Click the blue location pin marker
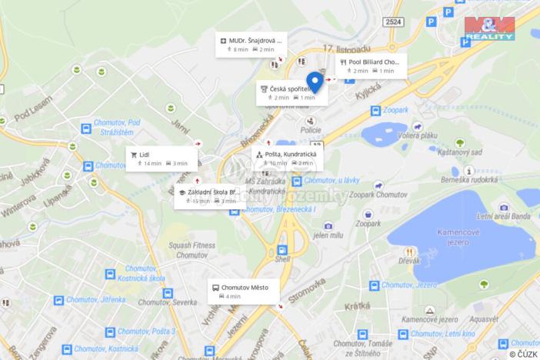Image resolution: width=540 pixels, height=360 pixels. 315,81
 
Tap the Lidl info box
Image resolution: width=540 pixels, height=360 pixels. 162,158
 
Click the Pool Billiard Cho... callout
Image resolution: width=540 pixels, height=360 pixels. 372,66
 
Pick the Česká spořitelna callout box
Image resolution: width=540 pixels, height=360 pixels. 292,93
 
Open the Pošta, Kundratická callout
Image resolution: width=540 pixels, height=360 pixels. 288,158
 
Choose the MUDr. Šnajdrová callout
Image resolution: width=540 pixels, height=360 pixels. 251,45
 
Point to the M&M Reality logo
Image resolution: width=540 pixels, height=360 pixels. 489,28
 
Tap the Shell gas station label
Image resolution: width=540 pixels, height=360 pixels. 282,259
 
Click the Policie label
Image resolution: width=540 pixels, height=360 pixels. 310,131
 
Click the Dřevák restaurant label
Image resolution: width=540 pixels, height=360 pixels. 409,261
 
